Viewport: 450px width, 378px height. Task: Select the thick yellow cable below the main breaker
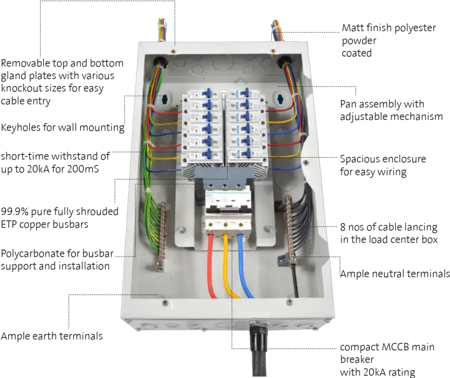227,266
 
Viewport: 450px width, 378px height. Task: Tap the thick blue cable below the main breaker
243,266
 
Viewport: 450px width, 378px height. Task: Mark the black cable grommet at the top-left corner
158,61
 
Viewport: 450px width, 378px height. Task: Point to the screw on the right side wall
306,162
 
